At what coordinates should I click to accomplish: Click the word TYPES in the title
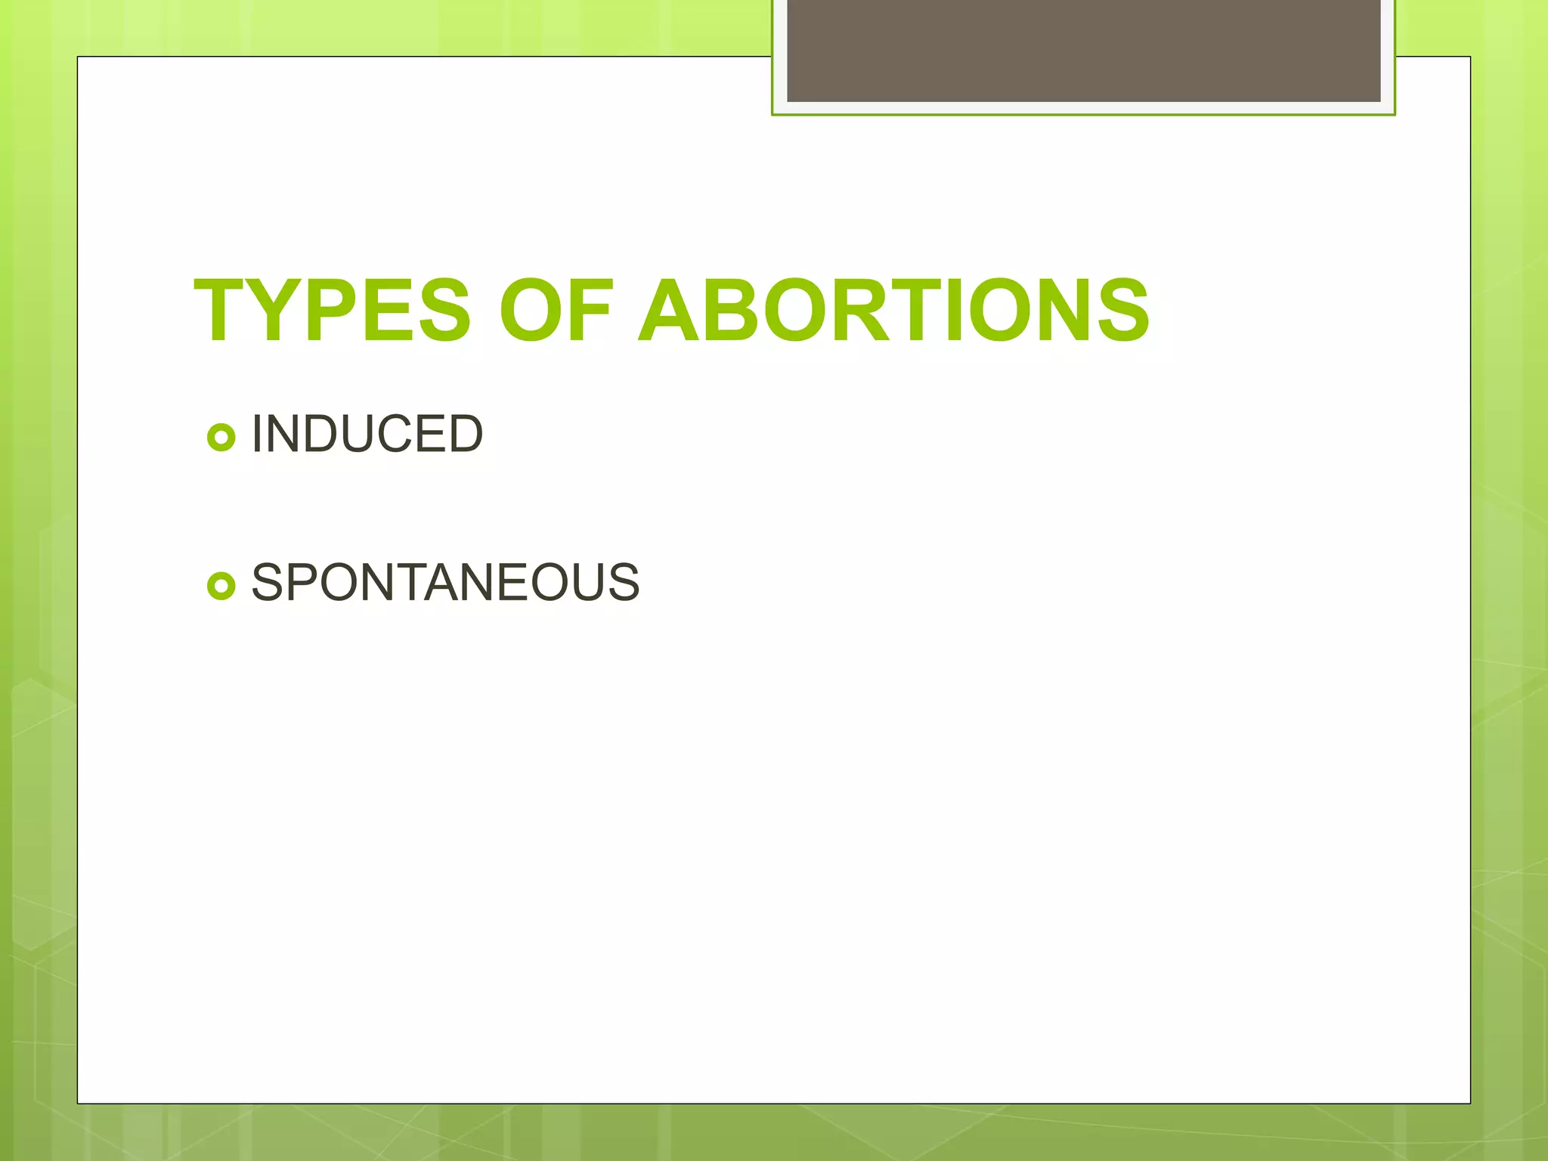[333, 311]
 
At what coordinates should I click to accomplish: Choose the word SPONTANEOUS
[445, 582]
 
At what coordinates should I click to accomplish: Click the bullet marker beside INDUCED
[221, 437]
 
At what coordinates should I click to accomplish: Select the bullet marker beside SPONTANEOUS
[221, 585]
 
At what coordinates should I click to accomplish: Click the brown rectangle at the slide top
[1083, 50]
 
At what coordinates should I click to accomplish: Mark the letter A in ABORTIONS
[669, 311]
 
